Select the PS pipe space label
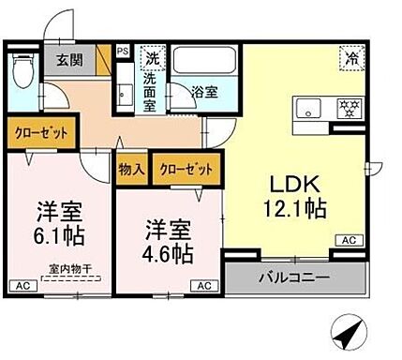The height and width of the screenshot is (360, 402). [x=123, y=51]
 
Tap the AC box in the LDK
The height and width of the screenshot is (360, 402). [x=347, y=241]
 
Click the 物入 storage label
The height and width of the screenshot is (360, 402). [x=131, y=171]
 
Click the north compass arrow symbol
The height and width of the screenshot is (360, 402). [x=349, y=330]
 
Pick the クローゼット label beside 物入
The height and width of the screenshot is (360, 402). [x=186, y=171]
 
